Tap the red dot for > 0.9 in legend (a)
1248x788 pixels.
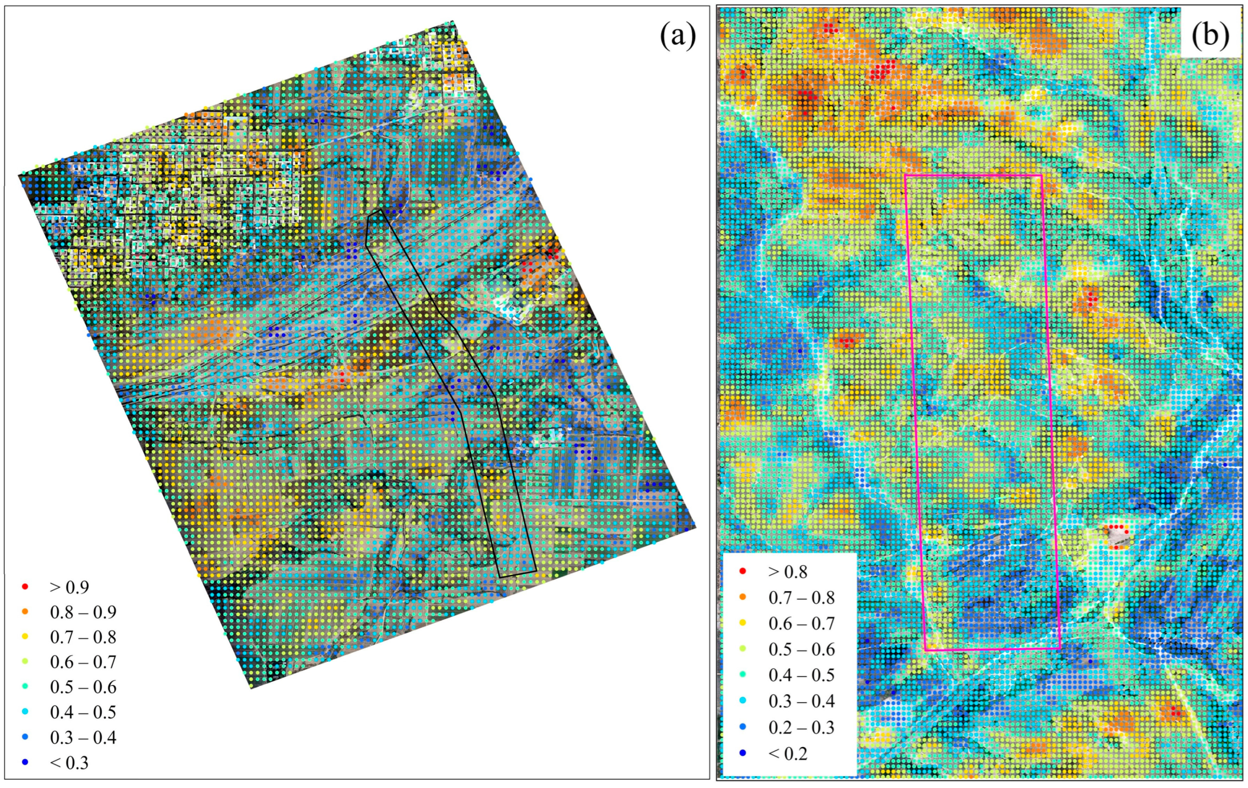point(25,587)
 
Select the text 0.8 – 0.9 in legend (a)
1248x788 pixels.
point(83,612)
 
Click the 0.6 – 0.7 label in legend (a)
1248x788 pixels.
point(83,662)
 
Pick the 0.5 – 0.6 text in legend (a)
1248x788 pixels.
point(83,687)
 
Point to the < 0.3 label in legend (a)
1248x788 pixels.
point(70,763)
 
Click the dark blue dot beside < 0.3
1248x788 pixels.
point(25,763)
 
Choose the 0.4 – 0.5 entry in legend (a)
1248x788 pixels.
point(83,713)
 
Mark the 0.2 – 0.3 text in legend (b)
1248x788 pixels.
point(802,728)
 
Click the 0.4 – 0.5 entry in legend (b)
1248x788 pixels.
point(802,675)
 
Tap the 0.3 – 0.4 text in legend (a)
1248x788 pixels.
point(83,737)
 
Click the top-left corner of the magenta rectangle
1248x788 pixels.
point(905,175)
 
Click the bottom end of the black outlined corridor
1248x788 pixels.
point(517,575)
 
